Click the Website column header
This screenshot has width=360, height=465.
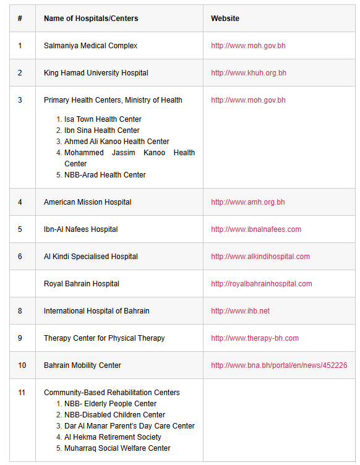point(225,19)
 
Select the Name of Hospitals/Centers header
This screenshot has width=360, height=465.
point(91,19)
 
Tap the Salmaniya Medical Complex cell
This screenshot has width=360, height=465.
point(90,46)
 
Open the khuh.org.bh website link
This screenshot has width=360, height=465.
point(249,73)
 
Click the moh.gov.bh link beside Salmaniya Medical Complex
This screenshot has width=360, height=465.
point(248,46)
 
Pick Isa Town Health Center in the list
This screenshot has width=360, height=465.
point(103,119)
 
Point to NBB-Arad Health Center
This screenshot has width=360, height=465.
point(105,175)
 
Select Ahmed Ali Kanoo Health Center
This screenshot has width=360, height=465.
point(117,142)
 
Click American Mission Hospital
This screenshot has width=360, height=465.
point(87,202)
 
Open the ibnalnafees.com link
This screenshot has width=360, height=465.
point(256,229)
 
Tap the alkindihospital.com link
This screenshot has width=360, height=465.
point(260,257)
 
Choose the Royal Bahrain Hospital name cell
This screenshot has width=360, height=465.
point(82,284)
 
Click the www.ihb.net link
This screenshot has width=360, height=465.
point(240,311)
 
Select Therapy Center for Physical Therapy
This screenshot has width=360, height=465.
point(104,338)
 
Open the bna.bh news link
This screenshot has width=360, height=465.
point(279,365)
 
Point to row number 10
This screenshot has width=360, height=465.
point(22,365)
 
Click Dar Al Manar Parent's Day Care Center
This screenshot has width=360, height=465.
point(129,426)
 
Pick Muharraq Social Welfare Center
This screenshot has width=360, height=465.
point(118,448)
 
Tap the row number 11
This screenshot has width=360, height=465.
point(22,393)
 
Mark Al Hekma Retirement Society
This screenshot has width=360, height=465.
point(113,437)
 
